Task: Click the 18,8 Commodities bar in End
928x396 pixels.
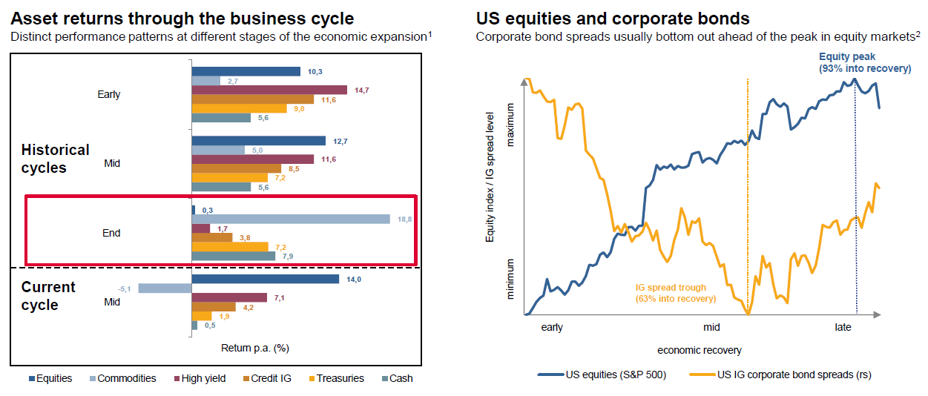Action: click(291, 219)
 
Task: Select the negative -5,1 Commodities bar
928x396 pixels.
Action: click(165, 288)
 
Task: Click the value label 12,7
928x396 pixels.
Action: click(339, 140)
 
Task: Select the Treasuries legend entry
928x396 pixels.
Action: click(335, 378)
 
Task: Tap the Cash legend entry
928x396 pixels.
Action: click(397, 378)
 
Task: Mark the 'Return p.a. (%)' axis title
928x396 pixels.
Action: click(254, 347)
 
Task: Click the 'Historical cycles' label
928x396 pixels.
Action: click(55, 159)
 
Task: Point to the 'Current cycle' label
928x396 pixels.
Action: click(49, 295)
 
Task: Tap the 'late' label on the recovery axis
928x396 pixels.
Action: click(843, 327)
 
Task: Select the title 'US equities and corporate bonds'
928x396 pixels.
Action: click(613, 18)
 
